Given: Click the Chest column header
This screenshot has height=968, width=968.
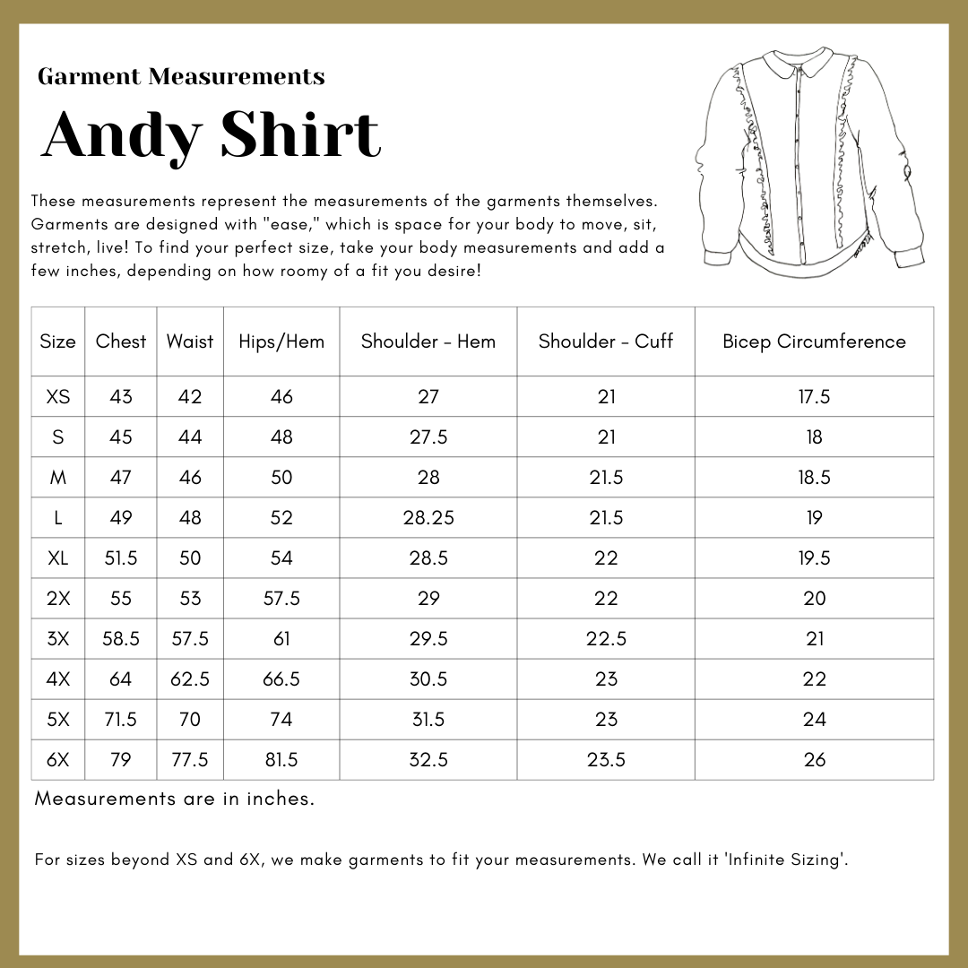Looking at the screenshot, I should coord(121,341).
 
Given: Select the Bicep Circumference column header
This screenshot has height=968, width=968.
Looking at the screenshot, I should coord(814,341).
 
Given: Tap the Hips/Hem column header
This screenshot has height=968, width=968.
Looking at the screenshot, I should coord(281,341).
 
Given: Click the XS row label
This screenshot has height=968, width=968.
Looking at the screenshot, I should coord(58,397).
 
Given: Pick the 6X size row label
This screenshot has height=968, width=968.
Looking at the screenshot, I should coord(58,760).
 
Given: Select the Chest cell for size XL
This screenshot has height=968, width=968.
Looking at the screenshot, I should coord(121,558).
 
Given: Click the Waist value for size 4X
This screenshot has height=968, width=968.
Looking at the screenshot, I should coord(190,679).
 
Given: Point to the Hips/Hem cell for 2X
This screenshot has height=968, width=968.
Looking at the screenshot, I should coord(281,599).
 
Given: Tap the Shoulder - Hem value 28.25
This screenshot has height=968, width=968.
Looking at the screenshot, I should coord(428,518).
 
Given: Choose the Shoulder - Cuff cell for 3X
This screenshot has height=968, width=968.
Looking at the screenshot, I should coord(606,639).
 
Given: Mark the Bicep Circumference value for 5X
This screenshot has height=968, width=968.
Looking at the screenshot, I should coord(814,720).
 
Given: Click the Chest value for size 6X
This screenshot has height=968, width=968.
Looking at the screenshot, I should coord(121,760).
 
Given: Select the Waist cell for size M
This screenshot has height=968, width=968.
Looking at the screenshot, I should coord(190,478).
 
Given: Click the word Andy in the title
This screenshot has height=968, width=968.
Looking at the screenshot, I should coord(122,136).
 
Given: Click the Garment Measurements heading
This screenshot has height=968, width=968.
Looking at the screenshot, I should coord(181,77).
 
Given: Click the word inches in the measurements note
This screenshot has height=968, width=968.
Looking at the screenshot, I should coord(280,799).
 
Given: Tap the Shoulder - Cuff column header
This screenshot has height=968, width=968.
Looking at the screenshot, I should coord(606,341).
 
